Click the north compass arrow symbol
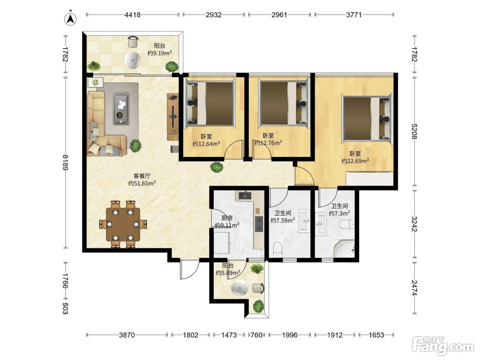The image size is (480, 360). [70, 19]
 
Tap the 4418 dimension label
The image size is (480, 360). [132, 15]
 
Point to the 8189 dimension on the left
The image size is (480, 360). [65, 163]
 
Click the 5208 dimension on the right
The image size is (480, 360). [414, 131]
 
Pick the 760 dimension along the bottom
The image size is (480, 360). [256, 335]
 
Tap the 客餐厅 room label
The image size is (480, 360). [142, 176]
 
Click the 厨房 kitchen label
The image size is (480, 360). [227, 218]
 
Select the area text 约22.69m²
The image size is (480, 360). [355, 161]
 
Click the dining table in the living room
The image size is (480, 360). [123, 224]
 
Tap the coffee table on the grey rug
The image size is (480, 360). [121, 108]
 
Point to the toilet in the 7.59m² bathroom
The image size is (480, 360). [278, 250]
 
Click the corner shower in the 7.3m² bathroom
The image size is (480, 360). [345, 249]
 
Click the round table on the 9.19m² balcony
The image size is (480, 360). [132, 60]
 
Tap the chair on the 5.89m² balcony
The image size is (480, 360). [259, 288]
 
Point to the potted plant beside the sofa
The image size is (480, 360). [135, 146]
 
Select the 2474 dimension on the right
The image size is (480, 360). [414, 288]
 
